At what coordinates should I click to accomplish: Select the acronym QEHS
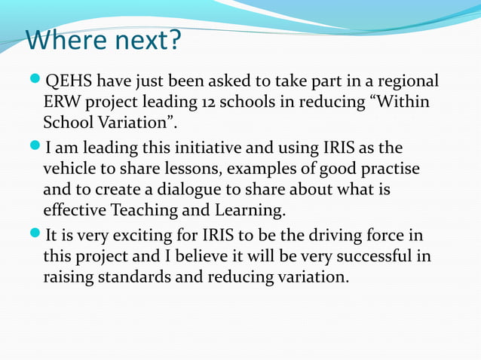click(x=69, y=81)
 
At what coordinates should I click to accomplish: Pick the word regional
click(x=405, y=81)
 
